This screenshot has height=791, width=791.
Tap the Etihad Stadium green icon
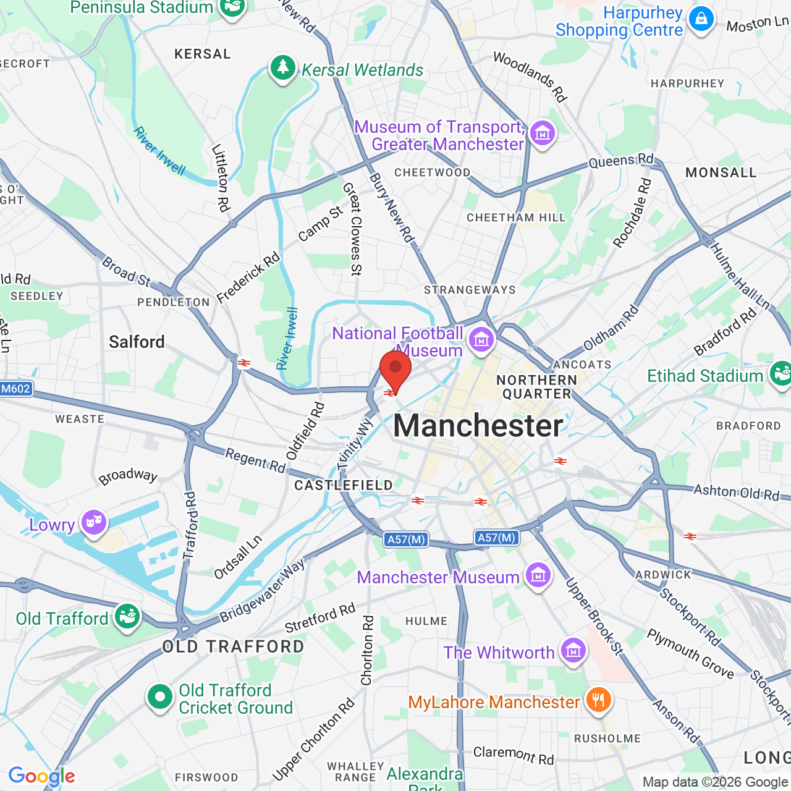click(x=780, y=373)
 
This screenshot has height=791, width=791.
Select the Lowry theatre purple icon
click(x=93, y=522)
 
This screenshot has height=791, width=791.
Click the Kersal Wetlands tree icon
click(x=283, y=67)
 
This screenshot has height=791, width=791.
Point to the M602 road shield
click(x=16, y=389)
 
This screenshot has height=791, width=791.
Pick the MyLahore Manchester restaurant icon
click(x=598, y=700)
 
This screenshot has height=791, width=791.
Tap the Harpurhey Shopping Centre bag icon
click(x=701, y=19)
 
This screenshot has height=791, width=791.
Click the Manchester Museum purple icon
click(x=538, y=575)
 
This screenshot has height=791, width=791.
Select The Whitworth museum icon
click(x=573, y=650)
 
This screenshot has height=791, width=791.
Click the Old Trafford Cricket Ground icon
click(x=159, y=697)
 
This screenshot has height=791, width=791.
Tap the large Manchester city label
click(x=478, y=426)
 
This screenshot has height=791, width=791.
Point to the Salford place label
click(x=137, y=342)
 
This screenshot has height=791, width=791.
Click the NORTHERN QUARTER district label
click(x=536, y=387)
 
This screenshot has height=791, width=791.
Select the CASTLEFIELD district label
click(x=344, y=485)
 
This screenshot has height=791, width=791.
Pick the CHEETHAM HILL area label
click(x=516, y=218)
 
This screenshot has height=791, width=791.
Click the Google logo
click(x=42, y=776)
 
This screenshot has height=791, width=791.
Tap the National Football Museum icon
click(x=481, y=338)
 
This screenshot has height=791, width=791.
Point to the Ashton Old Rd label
click(x=737, y=493)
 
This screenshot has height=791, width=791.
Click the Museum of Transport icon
click(x=543, y=133)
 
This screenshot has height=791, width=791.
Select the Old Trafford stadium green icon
click(x=127, y=616)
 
